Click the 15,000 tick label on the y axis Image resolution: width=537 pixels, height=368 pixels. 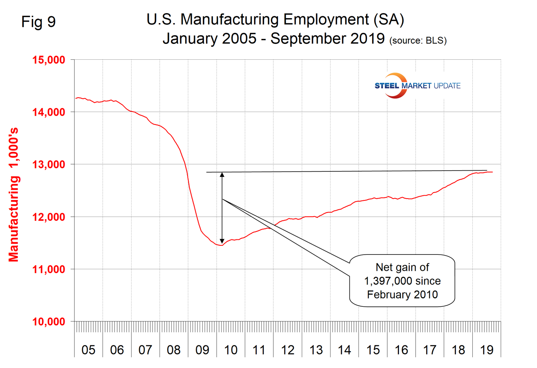tap(49, 60)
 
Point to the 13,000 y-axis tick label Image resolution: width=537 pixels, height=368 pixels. tap(49, 165)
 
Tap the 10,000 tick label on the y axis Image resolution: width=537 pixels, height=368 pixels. tap(49, 322)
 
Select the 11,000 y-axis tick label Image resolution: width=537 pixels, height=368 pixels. tap(49, 270)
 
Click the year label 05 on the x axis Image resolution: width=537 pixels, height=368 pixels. tap(88, 350)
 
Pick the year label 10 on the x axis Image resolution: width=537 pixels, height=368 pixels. tap(231, 350)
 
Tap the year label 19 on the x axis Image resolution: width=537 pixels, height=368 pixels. tap(487, 350)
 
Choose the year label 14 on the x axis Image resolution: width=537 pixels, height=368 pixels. tap(345, 350)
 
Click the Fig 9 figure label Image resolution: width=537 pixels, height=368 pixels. tap(39, 22)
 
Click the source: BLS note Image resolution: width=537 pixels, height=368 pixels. tap(418, 41)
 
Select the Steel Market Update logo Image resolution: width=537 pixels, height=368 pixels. tap(417, 86)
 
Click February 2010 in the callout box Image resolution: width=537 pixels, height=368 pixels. tap(402, 295)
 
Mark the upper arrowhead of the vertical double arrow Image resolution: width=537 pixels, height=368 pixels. tap(222, 175)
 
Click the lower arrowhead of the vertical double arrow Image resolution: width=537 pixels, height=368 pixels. tap(222, 241)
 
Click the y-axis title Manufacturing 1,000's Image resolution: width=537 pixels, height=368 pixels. tap(14, 195)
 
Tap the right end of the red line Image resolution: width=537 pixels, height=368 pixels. tap(492, 172)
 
